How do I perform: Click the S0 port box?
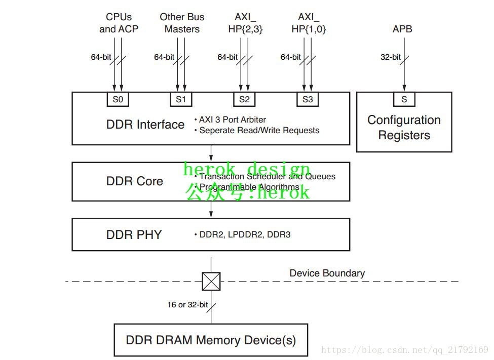tap(118, 99)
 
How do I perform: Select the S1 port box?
tap(181, 99)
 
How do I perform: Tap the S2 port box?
tap(244, 99)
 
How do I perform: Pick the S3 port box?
tap(308, 99)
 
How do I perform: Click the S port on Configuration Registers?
tap(404, 99)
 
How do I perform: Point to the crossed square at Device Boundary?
tap(211, 282)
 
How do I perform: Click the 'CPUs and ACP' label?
tap(119, 23)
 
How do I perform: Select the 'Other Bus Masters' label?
tap(182, 23)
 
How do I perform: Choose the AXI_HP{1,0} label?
tap(309, 23)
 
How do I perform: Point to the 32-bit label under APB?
tap(391, 57)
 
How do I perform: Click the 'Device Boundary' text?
tap(327, 273)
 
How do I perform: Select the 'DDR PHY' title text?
tap(134, 234)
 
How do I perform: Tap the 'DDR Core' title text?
tap(135, 181)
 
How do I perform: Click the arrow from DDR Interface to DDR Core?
tap(211, 153)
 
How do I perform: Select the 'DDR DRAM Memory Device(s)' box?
tap(211, 340)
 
